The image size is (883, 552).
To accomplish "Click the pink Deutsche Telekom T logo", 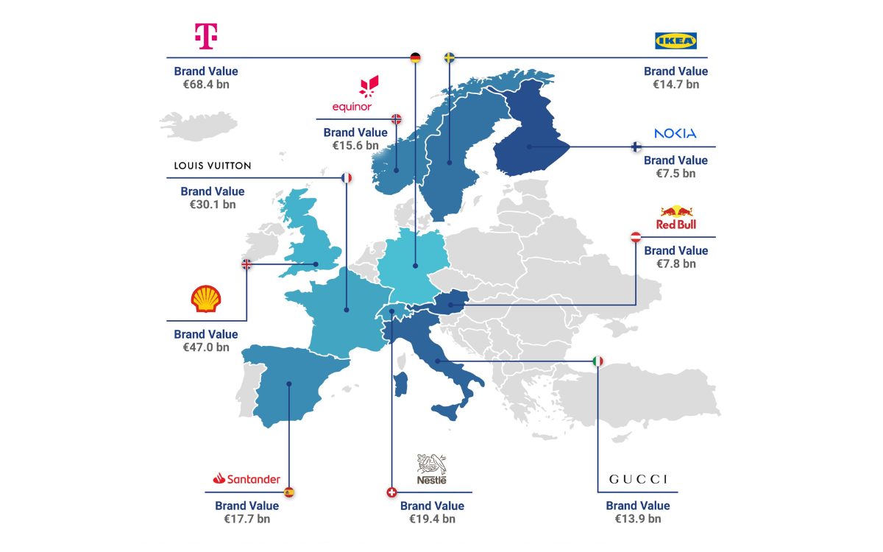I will point(205,36).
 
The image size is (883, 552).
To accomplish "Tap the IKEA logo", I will point(675,41).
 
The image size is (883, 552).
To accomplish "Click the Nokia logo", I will point(675,133).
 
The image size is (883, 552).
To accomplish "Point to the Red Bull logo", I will point(675,217).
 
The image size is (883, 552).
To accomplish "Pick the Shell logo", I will point(205,299).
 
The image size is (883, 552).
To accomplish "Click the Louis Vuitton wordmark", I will point(213,166).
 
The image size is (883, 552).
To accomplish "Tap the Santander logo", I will point(247,479).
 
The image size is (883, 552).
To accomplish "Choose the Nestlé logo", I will point(431,469).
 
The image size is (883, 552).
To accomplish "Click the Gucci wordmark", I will point(638,479).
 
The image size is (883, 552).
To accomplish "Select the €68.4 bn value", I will point(206,85).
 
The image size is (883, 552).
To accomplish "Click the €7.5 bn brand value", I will point(675,174).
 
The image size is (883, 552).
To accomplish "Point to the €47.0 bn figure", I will point(206,347).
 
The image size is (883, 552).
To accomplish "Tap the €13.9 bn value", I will point(638,519).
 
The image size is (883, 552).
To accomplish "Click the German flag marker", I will point(415,57).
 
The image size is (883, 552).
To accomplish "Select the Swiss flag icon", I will point(391,492).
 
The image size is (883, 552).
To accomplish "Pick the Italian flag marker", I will point(597,361).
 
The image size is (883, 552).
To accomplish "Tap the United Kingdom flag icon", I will point(247,264).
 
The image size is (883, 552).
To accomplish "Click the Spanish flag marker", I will point(289,492).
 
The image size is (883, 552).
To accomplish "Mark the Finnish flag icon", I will point(636,146).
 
